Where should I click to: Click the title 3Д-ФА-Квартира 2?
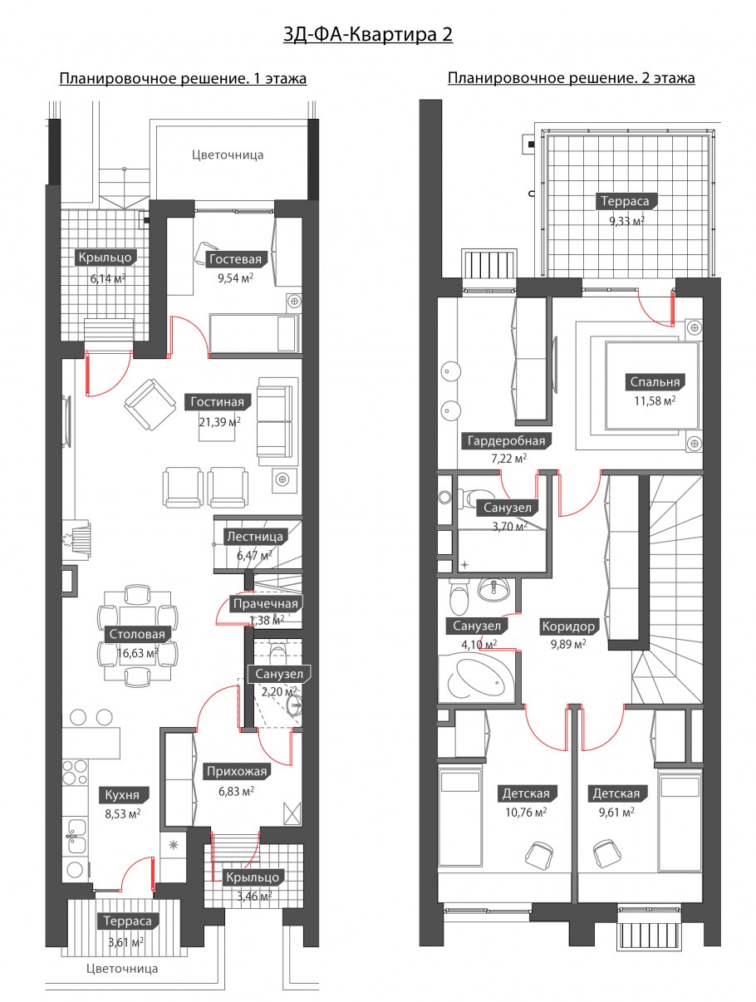(x=368, y=35)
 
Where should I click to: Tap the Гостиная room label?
(x=217, y=401)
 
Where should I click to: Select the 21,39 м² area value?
(x=219, y=421)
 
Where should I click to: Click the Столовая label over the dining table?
(x=137, y=634)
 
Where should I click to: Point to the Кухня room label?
(x=122, y=795)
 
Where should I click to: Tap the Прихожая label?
(x=236, y=771)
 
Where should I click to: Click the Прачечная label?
(x=265, y=604)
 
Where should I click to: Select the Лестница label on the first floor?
(x=255, y=537)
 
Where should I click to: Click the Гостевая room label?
(x=235, y=259)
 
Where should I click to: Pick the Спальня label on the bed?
(x=655, y=381)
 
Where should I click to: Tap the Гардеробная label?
(x=507, y=440)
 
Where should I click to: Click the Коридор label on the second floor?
(x=568, y=626)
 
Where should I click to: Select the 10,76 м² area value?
(x=526, y=812)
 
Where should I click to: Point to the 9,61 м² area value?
(x=616, y=812)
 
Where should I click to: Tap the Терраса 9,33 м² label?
(x=625, y=201)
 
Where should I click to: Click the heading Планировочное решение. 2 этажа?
(x=572, y=78)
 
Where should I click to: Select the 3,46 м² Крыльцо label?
(x=253, y=877)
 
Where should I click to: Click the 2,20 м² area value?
(x=279, y=691)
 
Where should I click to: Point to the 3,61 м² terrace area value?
(x=126, y=941)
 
